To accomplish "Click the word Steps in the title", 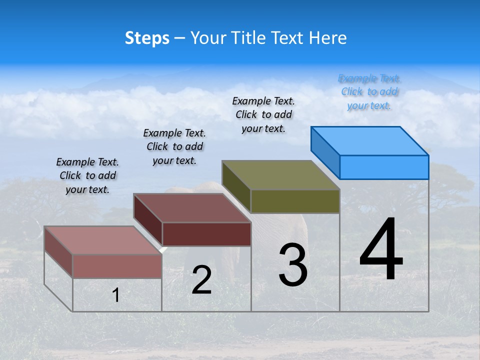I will (x=147, y=38).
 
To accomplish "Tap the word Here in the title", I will (x=327, y=38).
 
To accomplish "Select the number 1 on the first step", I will (x=116, y=295).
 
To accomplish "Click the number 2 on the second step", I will (x=202, y=280).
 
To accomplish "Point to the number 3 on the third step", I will (x=293, y=265).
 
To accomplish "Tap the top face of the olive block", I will (x=281, y=175).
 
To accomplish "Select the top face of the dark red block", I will (x=192, y=208).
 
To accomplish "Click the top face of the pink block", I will (x=103, y=240).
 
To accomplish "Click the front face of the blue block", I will (x=384, y=167).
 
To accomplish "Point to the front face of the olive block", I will (x=295, y=201).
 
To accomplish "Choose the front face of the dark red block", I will (x=206, y=234).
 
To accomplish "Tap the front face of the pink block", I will (x=117, y=266).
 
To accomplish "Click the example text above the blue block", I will (x=369, y=91).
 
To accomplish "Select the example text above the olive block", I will (x=263, y=114).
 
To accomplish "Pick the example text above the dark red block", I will (x=174, y=146).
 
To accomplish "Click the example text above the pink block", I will (x=87, y=175).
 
